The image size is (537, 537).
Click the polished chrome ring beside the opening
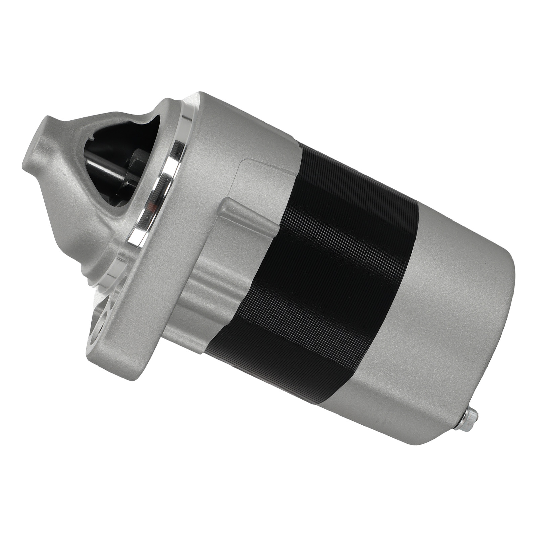click(x=175, y=154)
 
